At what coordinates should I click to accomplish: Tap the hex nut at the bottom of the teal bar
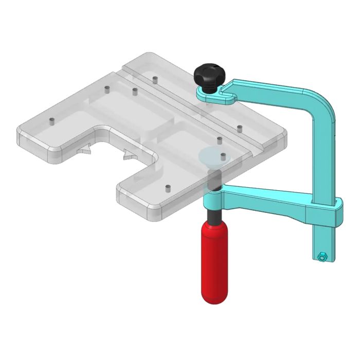(x=321, y=256)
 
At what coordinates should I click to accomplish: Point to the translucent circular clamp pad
(x=213, y=155)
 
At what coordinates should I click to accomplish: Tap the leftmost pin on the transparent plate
(x=51, y=121)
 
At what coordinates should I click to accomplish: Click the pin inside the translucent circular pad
(x=223, y=154)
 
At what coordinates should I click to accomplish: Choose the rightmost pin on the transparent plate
(x=240, y=127)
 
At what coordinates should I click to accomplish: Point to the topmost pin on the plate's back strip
(x=154, y=80)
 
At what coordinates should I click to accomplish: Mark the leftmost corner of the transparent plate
(x=19, y=135)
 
